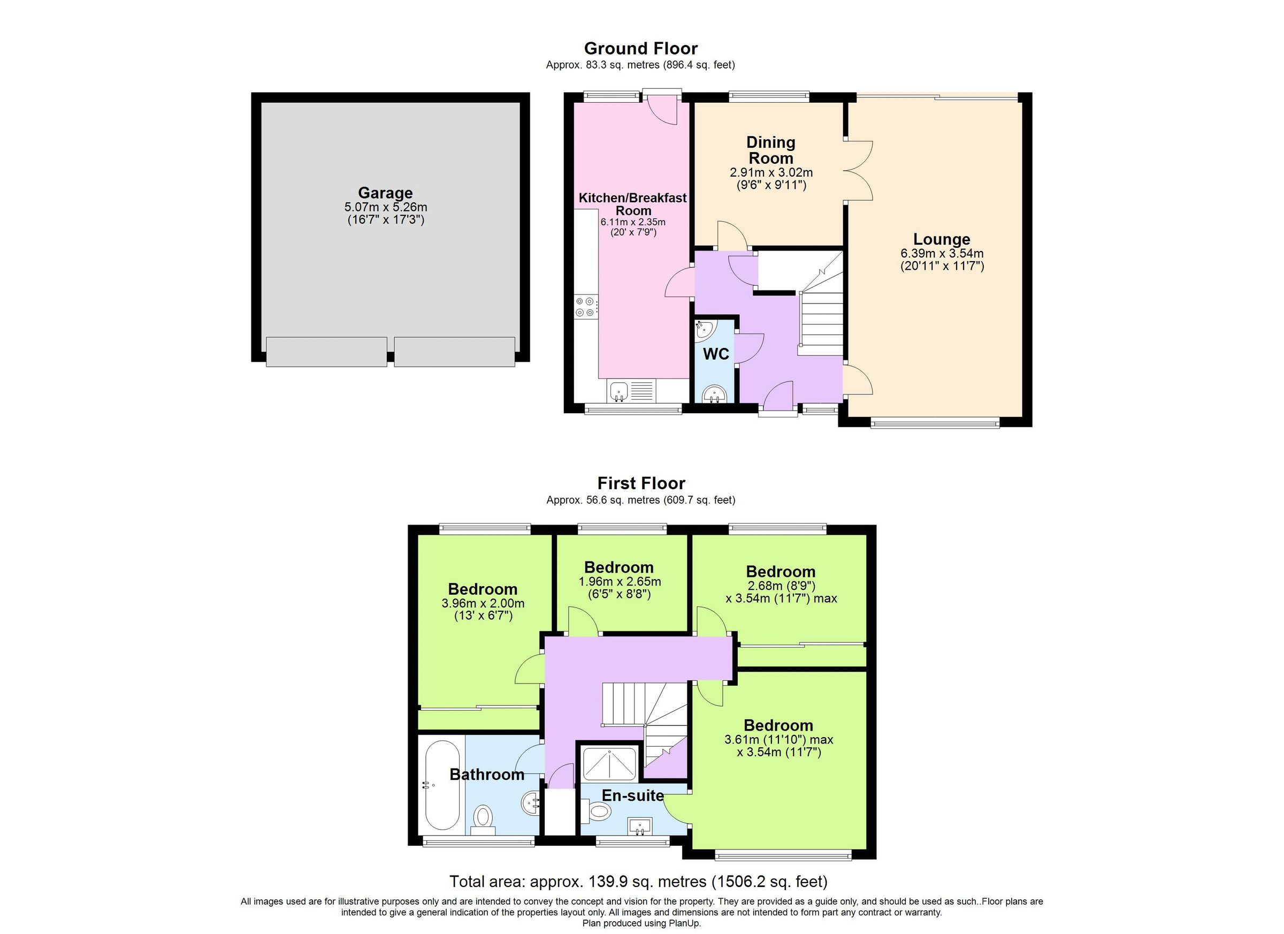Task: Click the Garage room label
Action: coord(385,193)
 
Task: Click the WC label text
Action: coord(716,354)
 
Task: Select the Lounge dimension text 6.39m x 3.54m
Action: coord(942,253)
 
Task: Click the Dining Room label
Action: coord(770,150)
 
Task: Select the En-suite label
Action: coord(633,796)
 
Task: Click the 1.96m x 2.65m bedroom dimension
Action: coord(620,582)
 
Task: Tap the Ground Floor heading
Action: coord(641,48)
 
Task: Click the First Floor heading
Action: coord(641,483)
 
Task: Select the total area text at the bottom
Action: coord(639,882)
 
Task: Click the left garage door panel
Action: coord(327,352)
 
